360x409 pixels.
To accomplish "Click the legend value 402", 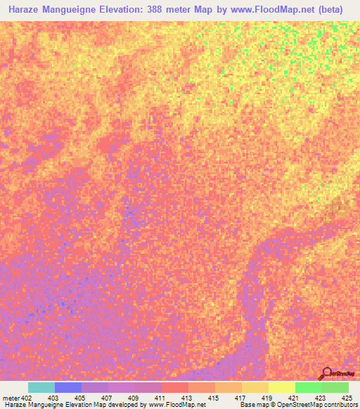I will [x=27, y=398].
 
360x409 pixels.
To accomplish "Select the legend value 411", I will [x=162, y=398].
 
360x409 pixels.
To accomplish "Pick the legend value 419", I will [x=269, y=398].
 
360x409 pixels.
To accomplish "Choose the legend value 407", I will [x=108, y=398].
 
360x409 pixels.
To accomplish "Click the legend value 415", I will [x=215, y=398].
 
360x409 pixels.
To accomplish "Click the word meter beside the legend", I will [x=11, y=398].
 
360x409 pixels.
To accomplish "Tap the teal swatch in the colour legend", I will [x=41, y=387].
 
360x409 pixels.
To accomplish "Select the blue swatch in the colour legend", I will [x=68, y=387].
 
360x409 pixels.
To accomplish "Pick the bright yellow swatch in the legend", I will [x=282, y=387].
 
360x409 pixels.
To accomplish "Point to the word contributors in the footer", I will [x=340, y=405].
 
